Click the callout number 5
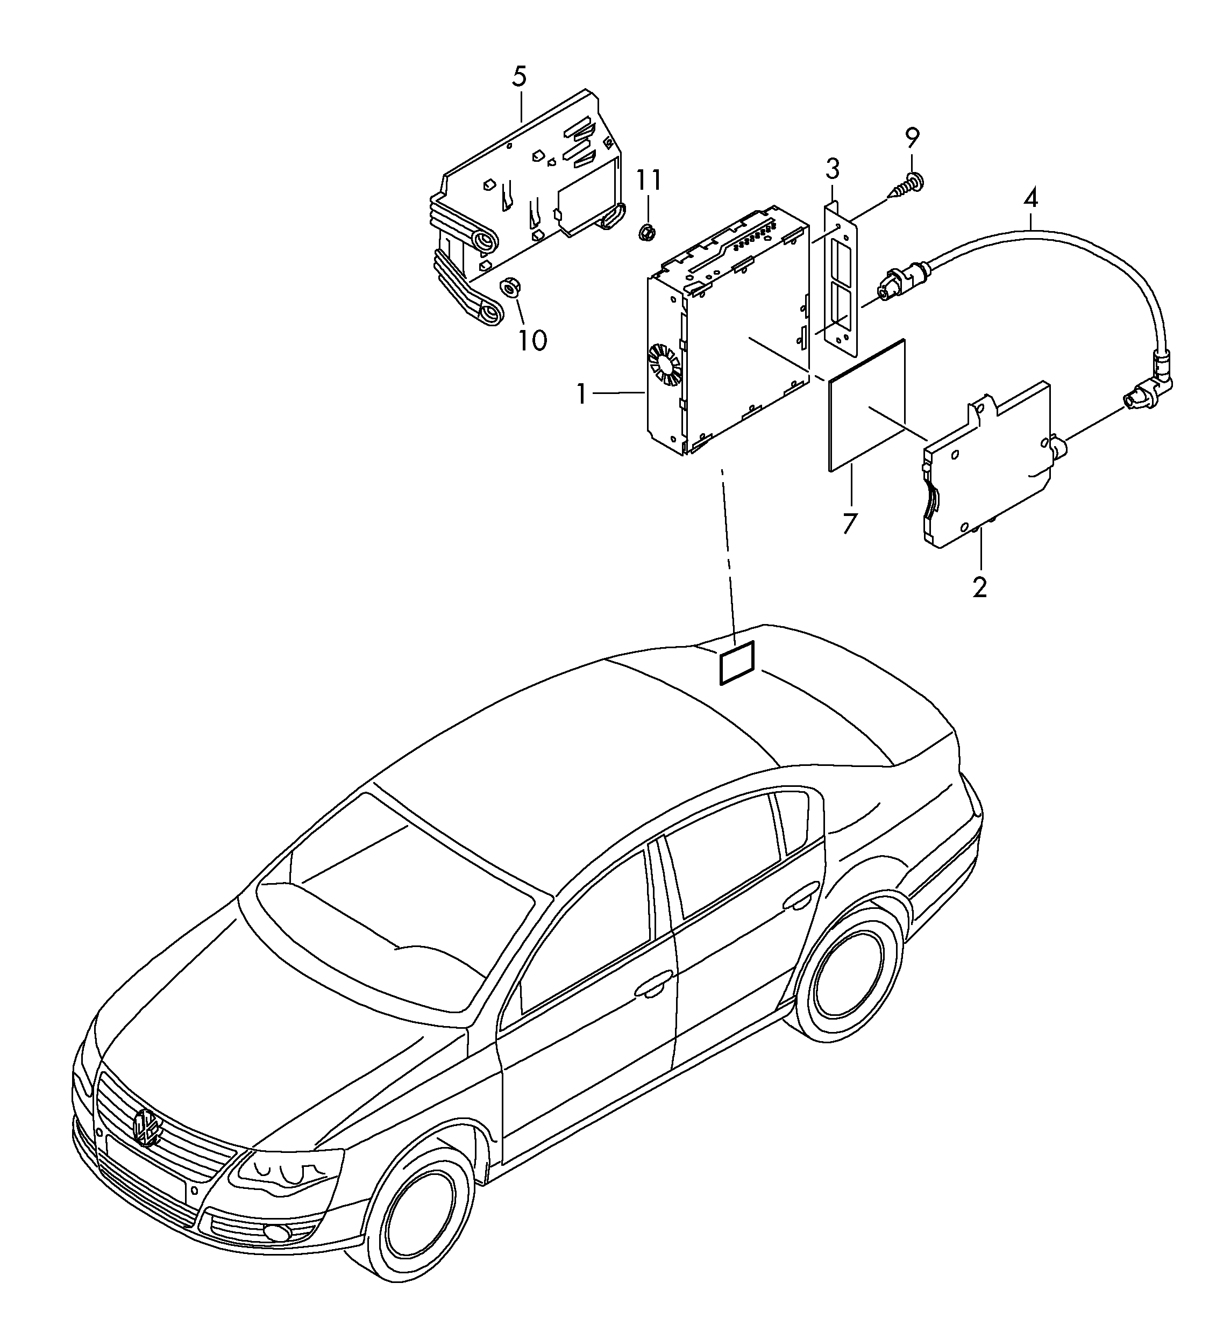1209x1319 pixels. [519, 77]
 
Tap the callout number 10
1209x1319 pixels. [533, 340]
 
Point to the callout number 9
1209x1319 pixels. [912, 138]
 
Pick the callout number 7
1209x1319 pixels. [850, 524]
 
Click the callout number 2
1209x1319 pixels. [979, 587]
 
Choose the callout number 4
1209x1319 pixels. [1030, 198]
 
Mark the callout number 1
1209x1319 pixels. [581, 394]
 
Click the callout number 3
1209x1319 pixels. [832, 169]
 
